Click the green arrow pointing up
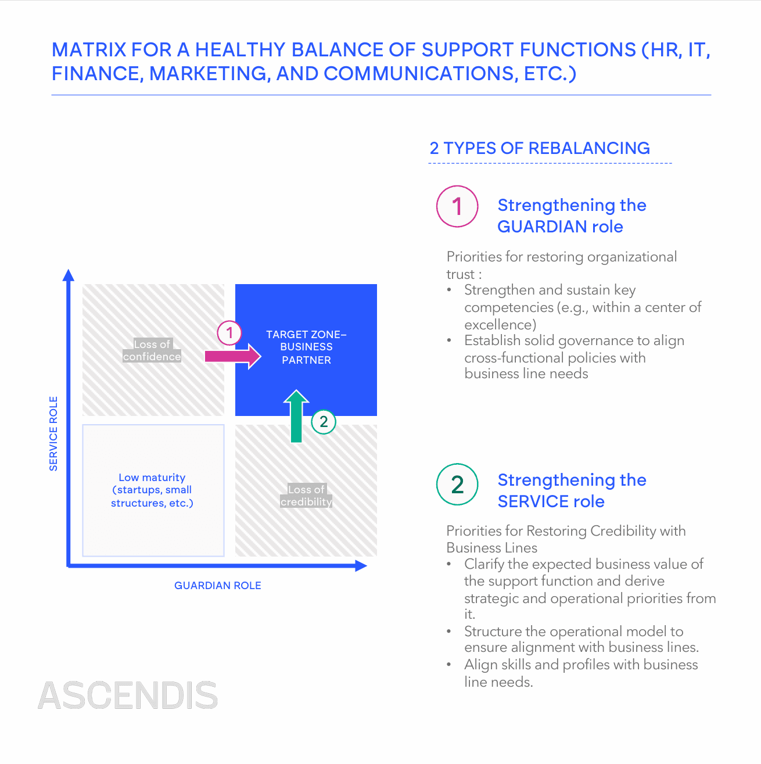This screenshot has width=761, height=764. click(296, 416)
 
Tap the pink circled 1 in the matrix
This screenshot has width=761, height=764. click(229, 333)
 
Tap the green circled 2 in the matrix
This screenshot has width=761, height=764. click(324, 422)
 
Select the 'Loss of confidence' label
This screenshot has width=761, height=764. click(152, 350)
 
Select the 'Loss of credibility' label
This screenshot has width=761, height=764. click(306, 496)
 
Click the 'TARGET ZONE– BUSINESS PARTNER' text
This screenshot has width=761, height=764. click(306, 347)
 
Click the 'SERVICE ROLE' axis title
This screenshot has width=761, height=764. click(53, 433)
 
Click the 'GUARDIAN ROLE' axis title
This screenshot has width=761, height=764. click(218, 586)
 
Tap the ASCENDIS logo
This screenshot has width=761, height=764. click(128, 695)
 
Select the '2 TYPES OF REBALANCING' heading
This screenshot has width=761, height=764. click(540, 148)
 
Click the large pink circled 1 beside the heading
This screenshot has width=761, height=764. click(457, 206)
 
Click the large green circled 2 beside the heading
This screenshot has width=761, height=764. click(457, 485)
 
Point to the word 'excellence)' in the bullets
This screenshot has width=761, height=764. click(500, 324)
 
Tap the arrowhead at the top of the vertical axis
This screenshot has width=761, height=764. click(69, 275)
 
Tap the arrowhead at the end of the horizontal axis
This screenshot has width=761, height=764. click(361, 565)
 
